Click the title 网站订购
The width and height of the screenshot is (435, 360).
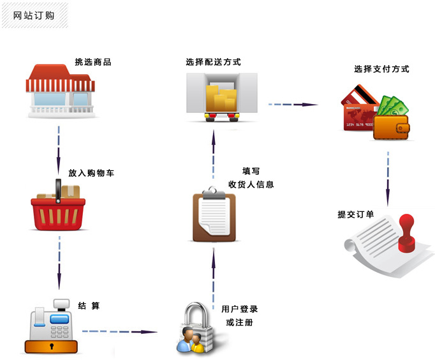tap(34, 15)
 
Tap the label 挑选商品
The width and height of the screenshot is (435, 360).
tap(93, 62)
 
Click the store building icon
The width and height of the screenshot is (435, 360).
tap(61, 91)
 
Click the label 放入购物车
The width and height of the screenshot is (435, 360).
tap(91, 173)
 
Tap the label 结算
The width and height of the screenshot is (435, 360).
tap(89, 306)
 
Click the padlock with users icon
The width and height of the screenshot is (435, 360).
tap(195, 328)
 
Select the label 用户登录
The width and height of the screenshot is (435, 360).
tap(239, 309)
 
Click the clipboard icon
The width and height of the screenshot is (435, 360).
tap(214, 214)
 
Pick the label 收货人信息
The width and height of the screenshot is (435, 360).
tap(251, 184)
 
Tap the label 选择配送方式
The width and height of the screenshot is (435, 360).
tap(213, 62)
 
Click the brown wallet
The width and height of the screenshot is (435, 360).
tap(392, 127)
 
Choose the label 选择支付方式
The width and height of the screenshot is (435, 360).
tap(381, 69)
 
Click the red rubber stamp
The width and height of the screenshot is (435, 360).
tap(406, 232)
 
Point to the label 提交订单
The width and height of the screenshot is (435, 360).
tap(356, 214)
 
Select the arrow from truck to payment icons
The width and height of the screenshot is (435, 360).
tap(293, 105)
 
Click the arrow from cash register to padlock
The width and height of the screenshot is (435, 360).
tap(119, 331)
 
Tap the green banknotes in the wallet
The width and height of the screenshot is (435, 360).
tap(393, 107)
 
